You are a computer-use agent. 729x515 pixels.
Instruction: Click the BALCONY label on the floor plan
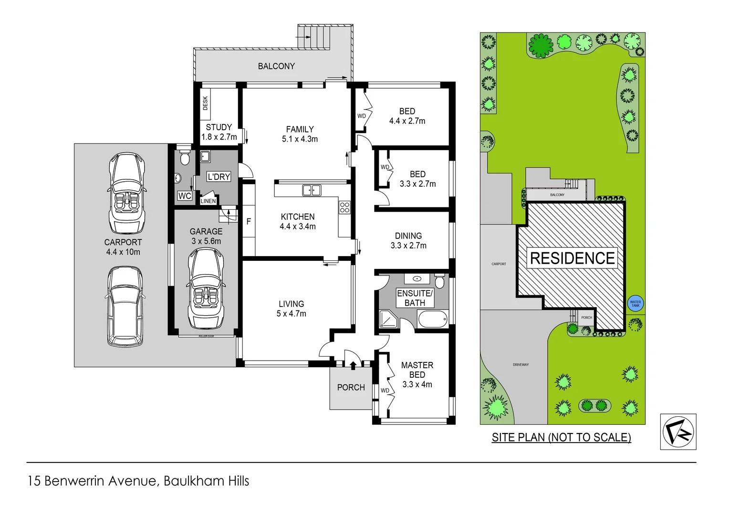[x=276, y=66]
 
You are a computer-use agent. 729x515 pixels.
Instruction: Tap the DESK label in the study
[x=206, y=103]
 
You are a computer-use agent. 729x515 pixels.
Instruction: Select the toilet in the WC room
[x=185, y=157]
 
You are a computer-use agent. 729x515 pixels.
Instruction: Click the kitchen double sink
[x=312, y=190]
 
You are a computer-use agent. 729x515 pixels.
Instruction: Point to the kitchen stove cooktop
[x=344, y=207]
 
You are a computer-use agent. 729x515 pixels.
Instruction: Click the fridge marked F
[x=249, y=221]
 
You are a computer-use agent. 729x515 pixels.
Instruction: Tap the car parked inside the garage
[x=206, y=288]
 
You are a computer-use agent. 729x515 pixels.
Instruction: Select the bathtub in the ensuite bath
[x=433, y=319]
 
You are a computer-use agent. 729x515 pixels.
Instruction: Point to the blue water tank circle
[x=635, y=303]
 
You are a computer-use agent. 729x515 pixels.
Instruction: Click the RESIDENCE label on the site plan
[x=572, y=258]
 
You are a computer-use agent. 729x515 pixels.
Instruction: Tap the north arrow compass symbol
[x=678, y=432]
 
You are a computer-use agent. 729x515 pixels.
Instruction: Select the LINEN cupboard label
[x=208, y=201]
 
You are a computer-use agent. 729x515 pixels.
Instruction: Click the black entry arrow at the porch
[x=353, y=365]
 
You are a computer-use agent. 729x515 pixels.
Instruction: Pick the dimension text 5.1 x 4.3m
[x=300, y=139]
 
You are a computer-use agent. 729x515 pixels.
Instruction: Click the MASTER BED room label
[x=417, y=370]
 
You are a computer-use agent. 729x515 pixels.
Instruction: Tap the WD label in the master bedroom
[x=385, y=391]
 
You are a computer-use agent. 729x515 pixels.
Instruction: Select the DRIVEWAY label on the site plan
[x=521, y=365]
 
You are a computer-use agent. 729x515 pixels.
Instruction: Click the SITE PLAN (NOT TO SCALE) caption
[x=561, y=437]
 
